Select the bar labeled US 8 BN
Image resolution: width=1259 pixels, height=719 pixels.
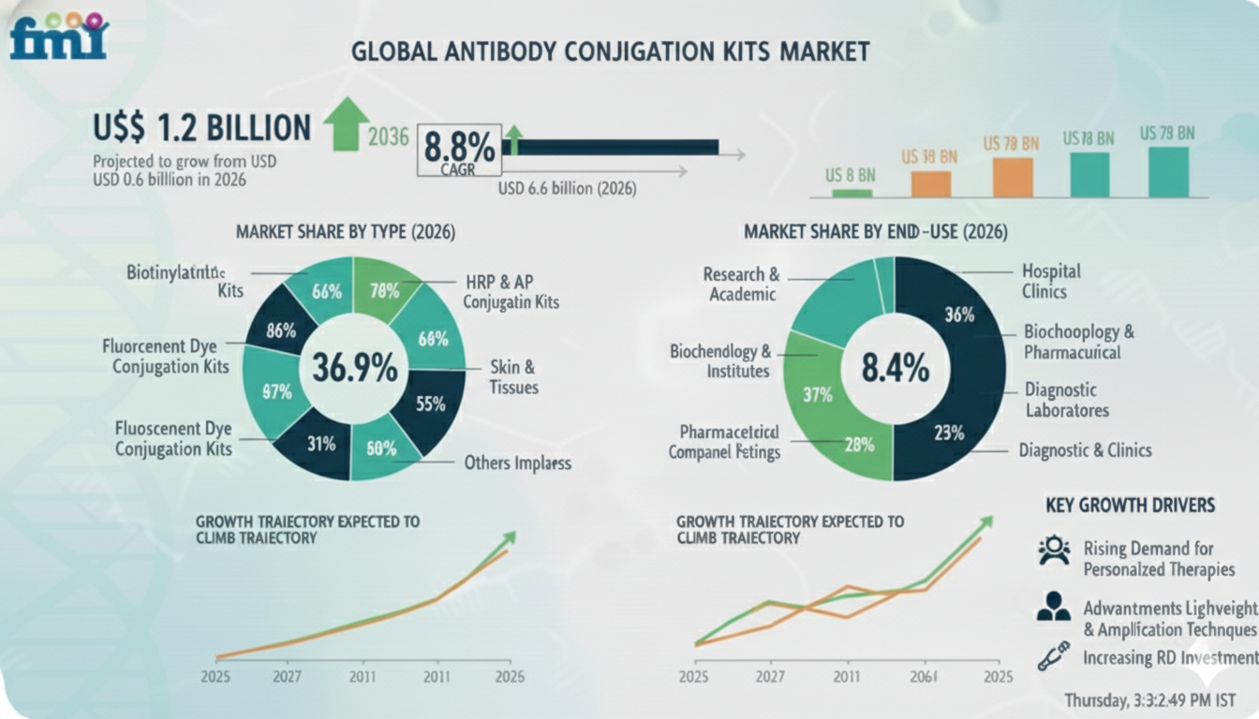pos(852,193)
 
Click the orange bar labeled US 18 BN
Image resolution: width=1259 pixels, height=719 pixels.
pos(931,183)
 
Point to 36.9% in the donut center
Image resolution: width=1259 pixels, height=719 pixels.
pos(354,368)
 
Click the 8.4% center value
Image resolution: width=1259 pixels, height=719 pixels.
pos(895,369)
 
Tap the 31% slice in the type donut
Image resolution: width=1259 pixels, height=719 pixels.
pos(320,444)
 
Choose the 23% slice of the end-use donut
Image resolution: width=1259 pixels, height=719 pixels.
pos(948,432)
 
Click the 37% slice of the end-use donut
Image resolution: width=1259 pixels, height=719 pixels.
pos(818,395)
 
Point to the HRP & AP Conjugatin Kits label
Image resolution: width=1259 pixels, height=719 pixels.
pos(511,292)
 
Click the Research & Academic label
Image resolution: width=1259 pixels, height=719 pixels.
pos(741,285)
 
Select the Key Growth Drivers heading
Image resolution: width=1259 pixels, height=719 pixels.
pos(1130,506)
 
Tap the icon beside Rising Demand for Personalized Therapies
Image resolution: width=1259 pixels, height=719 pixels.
pos(1054,550)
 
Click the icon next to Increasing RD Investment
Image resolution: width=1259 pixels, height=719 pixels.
pos(1054,655)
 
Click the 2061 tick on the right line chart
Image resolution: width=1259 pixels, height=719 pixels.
pos(923,677)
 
